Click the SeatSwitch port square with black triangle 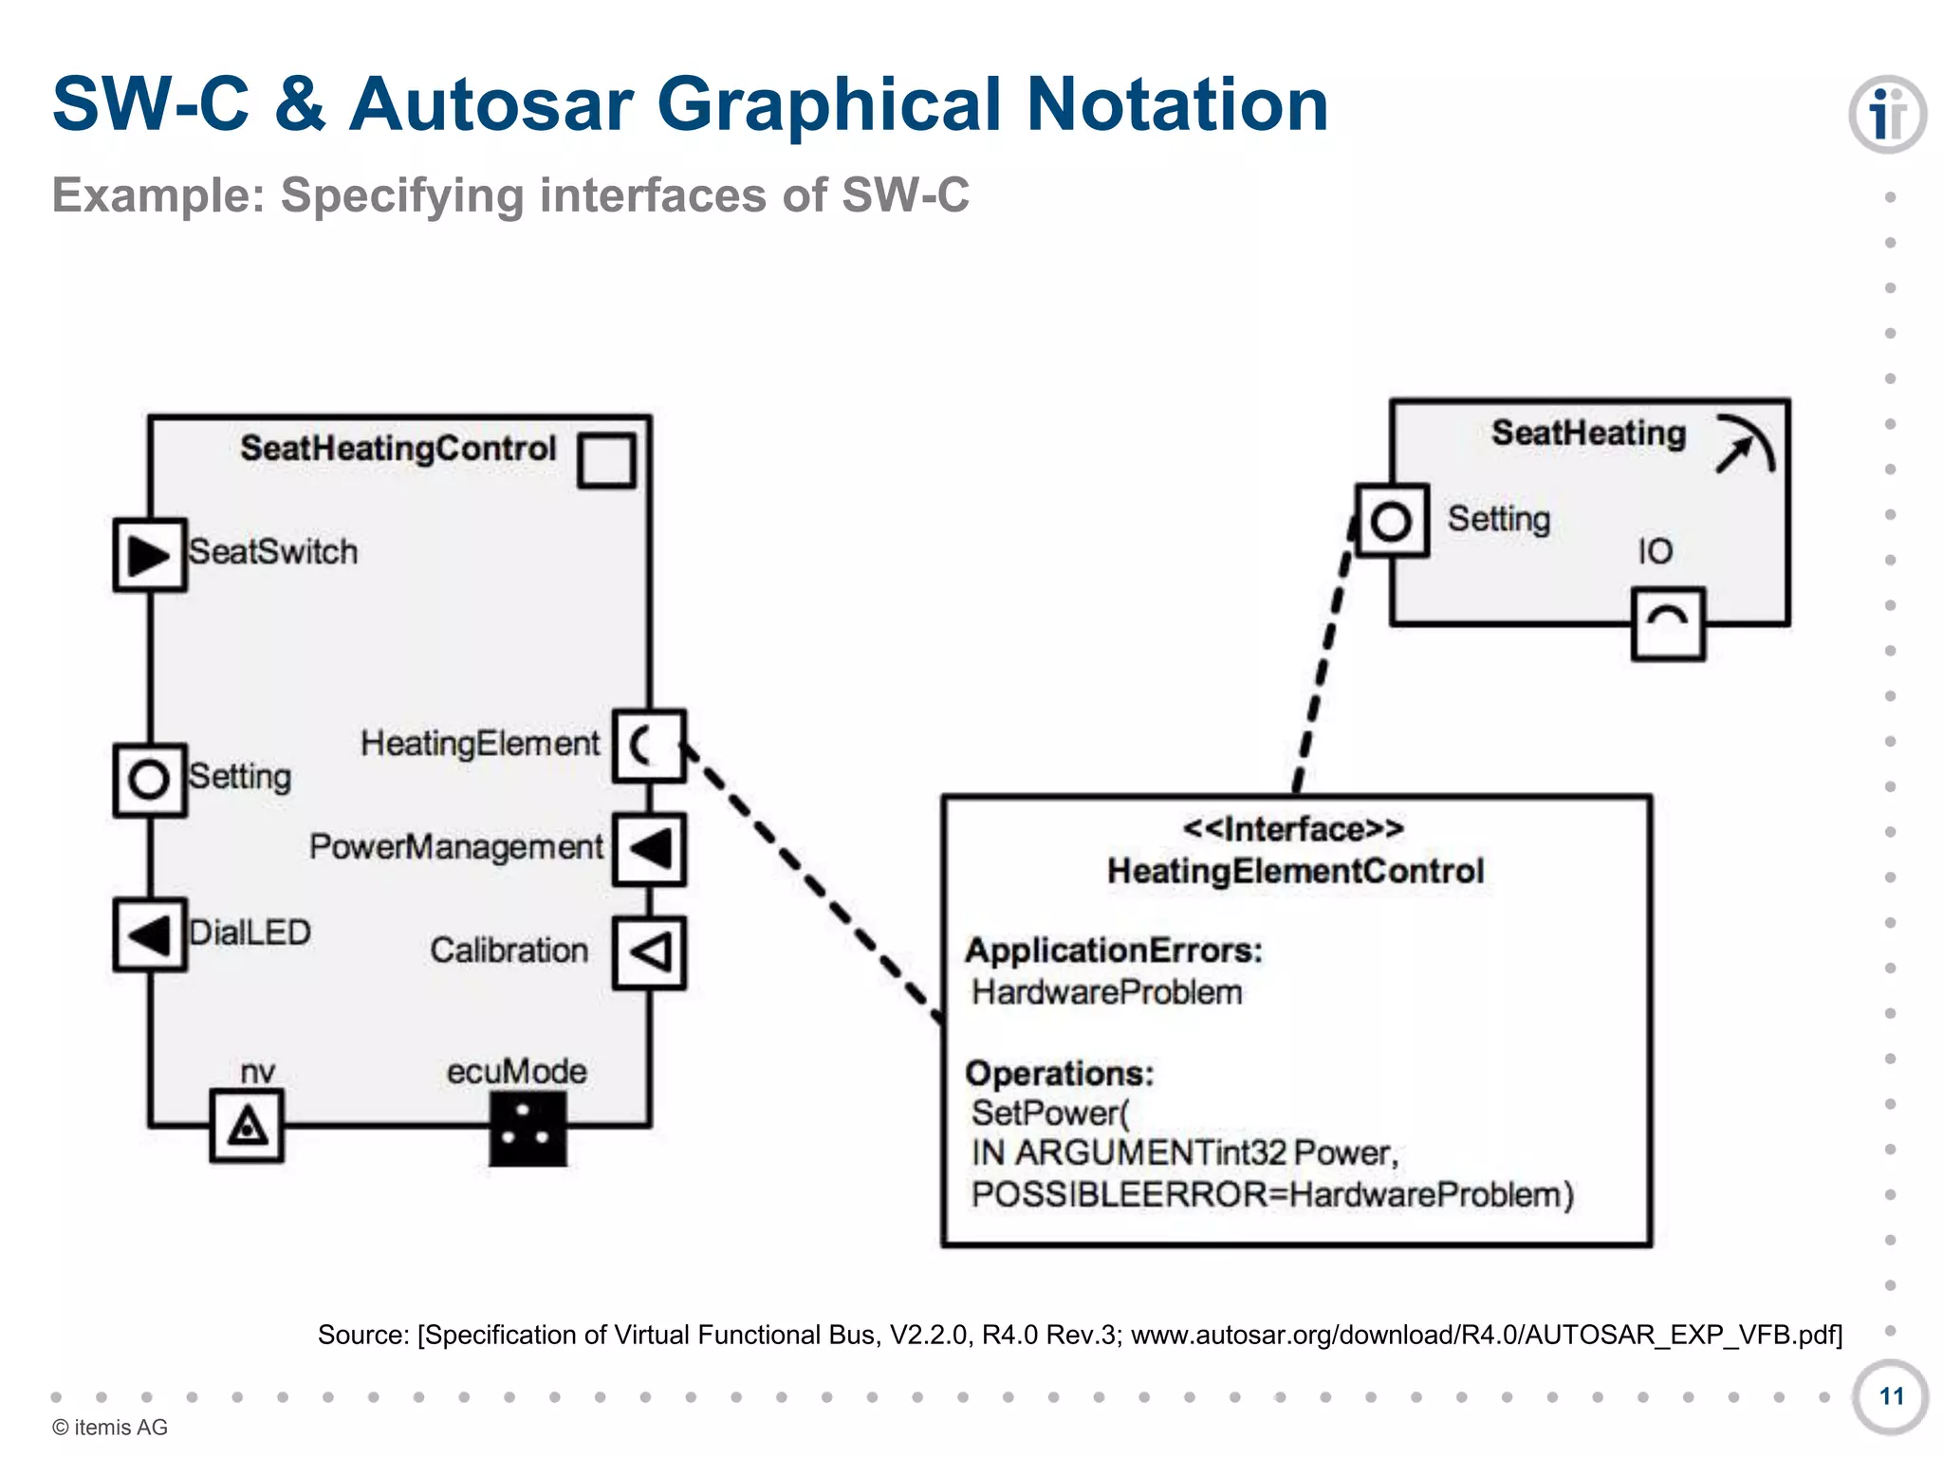[150, 555]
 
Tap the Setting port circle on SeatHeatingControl [150, 780]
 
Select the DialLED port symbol [150, 934]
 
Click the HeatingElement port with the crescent [649, 746]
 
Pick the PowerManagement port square [649, 849]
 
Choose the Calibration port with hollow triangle [649, 952]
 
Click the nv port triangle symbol [247, 1126]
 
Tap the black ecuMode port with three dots [527, 1128]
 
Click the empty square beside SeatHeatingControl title [606, 461]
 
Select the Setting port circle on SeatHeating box [1391, 521]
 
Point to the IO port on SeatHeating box [1668, 623]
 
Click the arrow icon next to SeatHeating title [1745, 443]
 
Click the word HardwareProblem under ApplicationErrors [1106, 992]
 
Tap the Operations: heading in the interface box [1059, 1073]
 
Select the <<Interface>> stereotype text [1293, 829]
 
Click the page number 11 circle [1890, 1396]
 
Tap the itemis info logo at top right [1886, 115]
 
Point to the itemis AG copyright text [110, 1427]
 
